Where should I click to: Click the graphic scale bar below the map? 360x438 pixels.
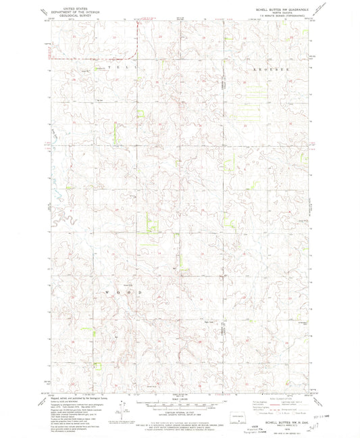point(180,403)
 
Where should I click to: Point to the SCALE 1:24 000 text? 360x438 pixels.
point(180,397)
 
